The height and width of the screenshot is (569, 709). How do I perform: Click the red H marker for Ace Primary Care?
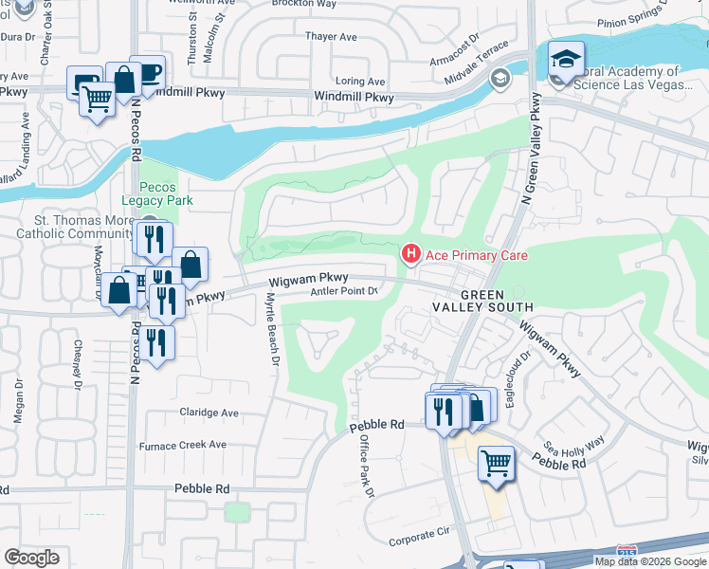[410, 254]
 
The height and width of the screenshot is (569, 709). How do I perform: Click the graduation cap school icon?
[566, 61]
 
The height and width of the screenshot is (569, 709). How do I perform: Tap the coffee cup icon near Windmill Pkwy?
[148, 72]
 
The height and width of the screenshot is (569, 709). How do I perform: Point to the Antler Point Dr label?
[345, 292]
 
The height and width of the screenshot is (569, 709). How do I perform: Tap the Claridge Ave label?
[209, 413]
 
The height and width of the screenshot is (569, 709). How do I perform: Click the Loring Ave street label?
[361, 82]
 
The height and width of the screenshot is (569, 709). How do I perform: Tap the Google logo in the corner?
[32, 558]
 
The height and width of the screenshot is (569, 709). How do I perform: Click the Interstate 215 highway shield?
[626, 550]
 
